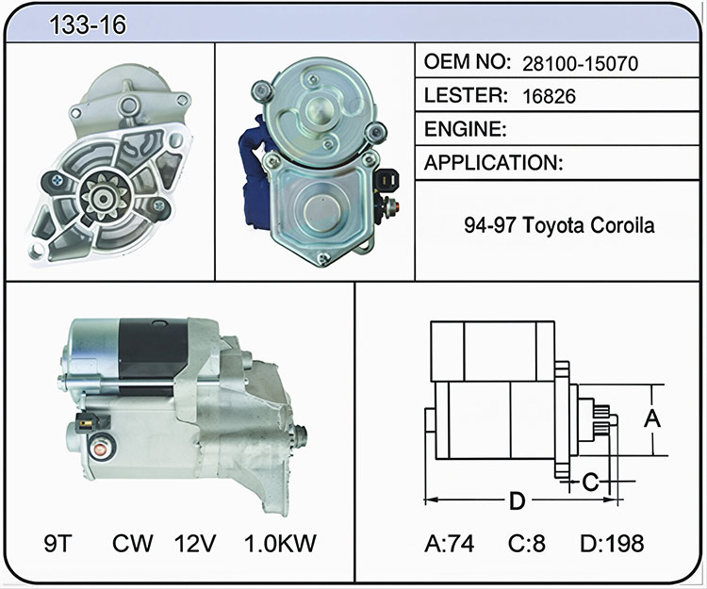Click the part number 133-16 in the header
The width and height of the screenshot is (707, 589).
(x=88, y=25)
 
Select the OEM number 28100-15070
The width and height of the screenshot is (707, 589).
(x=581, y=63)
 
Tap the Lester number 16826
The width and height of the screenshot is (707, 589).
(x=550, y=96)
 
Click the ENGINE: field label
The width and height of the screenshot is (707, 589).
(x=466, y=129)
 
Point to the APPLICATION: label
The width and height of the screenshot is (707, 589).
(x=494, y=162)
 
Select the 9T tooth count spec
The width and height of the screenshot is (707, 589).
(x=58, y=543)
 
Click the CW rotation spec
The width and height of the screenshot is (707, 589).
(x=133, y=543)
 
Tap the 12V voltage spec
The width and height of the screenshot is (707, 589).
(x=195, y=543)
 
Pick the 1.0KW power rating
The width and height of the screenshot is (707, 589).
(x=280, y=543)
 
